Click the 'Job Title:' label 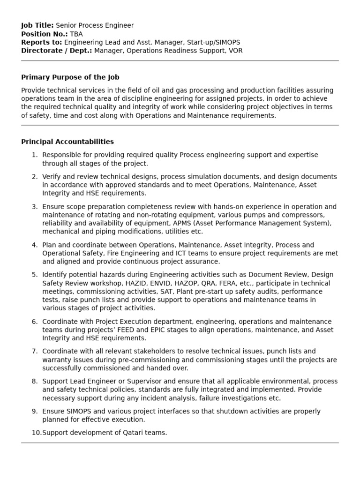[x=37, y=25]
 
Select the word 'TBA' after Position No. [x=76, y=34]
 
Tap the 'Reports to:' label [x=42, y=42]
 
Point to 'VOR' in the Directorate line [x=235, y=51]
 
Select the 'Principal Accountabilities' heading [x=67, y=142]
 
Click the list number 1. [x=34, y=155]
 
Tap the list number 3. [x=34, y=207]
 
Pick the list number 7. [x=34, y=352]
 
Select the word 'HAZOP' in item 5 [x=187, y=284]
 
